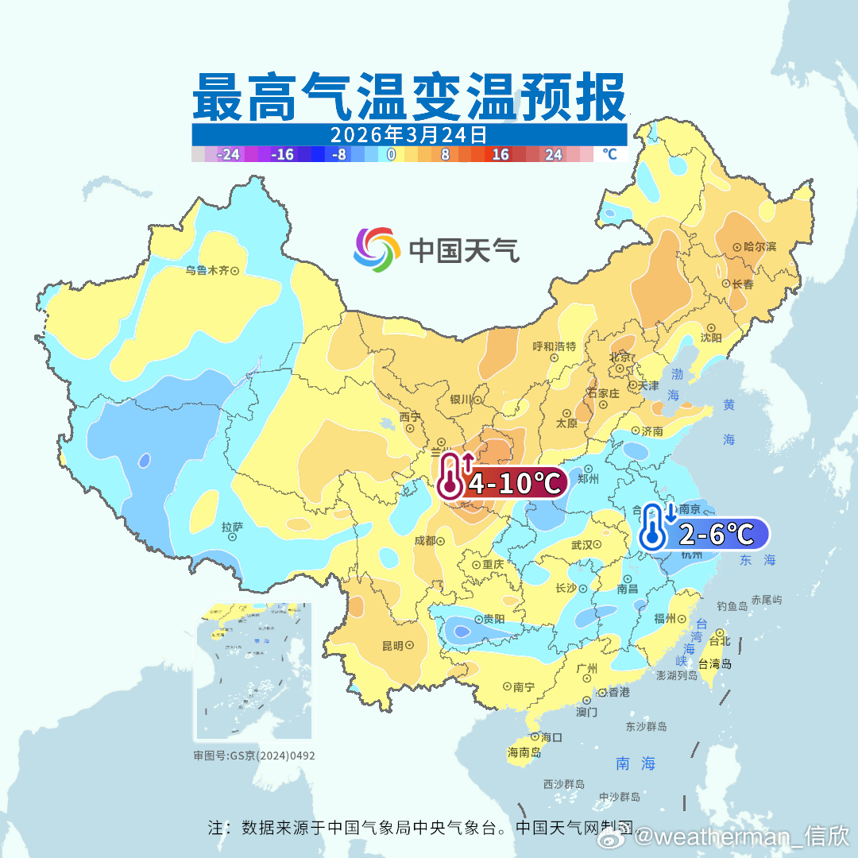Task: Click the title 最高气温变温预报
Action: pos(408,96)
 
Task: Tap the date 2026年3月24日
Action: pos(408,134)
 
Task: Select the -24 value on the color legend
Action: pos(229,155)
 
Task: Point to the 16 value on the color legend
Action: pos(500,155)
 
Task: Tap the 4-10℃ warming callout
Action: pos(502,482)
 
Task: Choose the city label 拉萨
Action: pos(232,527)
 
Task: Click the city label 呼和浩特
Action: pos(554,346)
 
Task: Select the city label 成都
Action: pos(425,540)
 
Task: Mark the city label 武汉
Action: pos(582,545)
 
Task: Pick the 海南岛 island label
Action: pos(524,752)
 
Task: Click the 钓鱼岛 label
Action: pos(732,606)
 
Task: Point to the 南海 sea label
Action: pos(636,763)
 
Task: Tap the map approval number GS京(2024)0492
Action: pos(254,756)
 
